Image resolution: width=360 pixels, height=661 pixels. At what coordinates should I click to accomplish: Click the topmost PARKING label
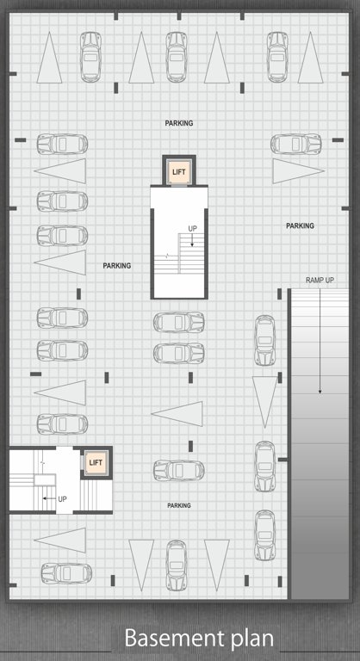coord(179,123)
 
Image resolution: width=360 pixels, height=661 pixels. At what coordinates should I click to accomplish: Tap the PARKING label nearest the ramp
coord(300,225)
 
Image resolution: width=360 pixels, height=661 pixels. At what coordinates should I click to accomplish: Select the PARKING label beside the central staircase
coord(117,266)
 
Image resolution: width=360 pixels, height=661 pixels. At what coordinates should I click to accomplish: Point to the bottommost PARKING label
coord(179,505)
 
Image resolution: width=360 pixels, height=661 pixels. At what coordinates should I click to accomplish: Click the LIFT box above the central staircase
coord(179,172)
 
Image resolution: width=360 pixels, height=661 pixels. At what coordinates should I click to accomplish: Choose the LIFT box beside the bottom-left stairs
coord(96,464)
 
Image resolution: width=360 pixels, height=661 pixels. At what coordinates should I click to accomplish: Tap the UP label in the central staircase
coord(193,228)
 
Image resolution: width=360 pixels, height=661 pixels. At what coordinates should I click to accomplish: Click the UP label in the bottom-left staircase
coord(62,499)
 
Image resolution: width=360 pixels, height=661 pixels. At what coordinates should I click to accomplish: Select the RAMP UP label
coord(320,281)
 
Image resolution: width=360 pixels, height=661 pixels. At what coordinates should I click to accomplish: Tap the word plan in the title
coord(251,639)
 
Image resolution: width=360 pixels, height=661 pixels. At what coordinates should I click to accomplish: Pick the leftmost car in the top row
coord(90,56)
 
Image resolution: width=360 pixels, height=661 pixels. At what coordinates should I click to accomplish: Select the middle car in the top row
coord(177,56)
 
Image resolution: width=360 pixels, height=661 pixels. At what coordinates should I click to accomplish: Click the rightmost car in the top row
coord(276,56)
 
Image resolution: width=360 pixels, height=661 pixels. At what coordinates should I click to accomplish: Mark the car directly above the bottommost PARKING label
coord(178,471)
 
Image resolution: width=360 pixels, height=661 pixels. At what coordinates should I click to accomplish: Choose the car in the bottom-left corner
coord(65,571)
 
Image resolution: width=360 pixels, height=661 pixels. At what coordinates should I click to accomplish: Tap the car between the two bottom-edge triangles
coord(177,565)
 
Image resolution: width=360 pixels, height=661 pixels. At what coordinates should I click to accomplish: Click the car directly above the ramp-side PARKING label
coord(296,144)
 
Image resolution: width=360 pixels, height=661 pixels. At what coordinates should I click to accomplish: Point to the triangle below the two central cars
coord(178,414)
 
